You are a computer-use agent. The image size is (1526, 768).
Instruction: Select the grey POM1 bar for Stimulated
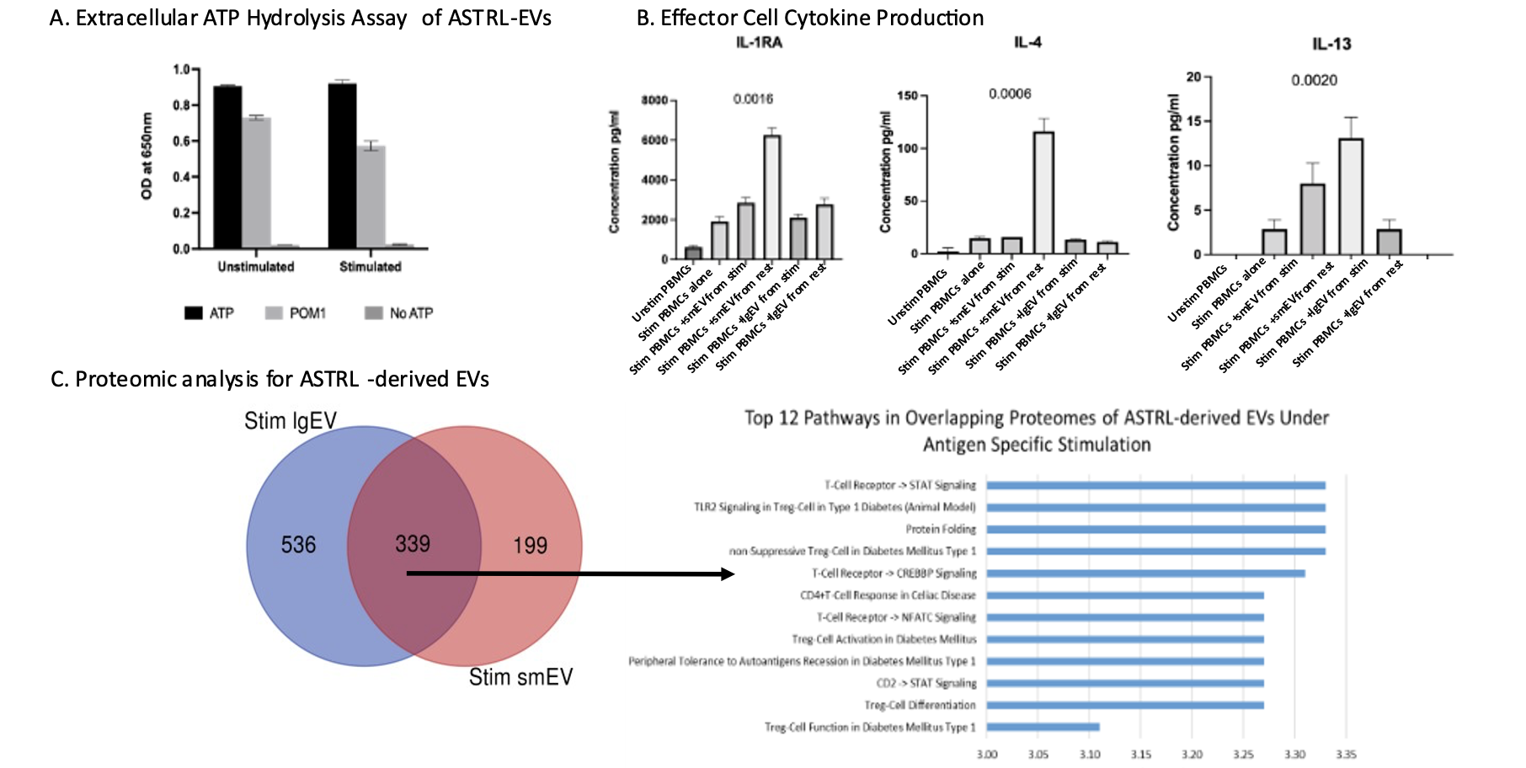click(x=371, y=197)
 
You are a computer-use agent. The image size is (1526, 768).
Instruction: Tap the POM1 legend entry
click(x=296, y=313)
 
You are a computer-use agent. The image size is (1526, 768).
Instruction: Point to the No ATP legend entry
click(x=400, y=313)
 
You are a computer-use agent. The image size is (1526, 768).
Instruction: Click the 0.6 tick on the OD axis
click(x=181, y=141)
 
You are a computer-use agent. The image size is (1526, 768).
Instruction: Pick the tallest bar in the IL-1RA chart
click(x=771, y=197)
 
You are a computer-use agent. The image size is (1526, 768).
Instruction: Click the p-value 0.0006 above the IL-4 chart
click(x=1010, y=94)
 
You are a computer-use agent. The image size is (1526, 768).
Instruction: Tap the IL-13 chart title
click(x=1331, y=45)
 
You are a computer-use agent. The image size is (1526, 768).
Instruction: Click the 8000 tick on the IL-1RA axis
click(x=654, y=101)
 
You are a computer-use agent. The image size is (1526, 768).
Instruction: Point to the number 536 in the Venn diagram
click(x=298, y=546)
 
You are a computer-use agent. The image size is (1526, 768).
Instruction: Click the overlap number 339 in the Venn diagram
click(x=413, y=544)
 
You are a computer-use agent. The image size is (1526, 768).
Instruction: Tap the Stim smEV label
click(x=520, y=677)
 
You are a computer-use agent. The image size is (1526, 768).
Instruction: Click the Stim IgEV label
click(x=291, y=421)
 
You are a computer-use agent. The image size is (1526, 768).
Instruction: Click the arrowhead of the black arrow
click(x=728, y=574)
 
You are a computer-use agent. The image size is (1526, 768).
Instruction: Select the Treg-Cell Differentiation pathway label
click(x=920, y=706)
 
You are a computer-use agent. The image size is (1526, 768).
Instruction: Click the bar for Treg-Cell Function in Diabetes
click(x=1043, y=727)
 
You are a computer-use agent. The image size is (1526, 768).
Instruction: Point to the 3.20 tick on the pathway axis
click(x=1192, y=755)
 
